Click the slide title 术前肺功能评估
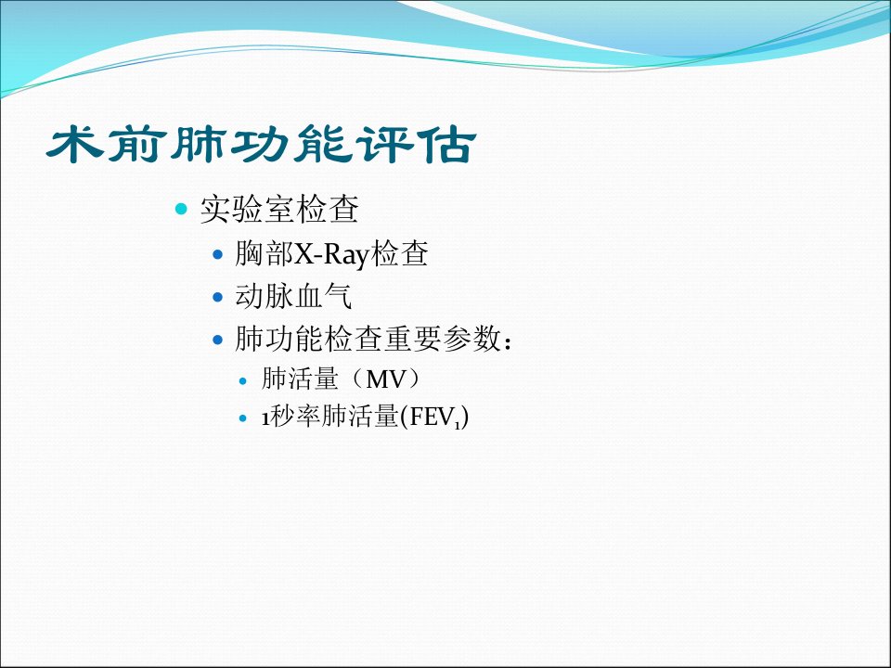261,145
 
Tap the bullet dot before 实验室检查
181,209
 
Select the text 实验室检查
279,209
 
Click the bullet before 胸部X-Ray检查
217,254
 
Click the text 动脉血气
293,297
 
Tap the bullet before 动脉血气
217,297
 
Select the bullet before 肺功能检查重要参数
217,340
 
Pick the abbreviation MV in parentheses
385,379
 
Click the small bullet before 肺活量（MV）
243,380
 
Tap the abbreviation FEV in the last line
431,417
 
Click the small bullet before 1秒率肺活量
243,418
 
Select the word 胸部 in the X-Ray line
264,253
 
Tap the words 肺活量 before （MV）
300,379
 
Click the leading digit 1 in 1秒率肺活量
265,418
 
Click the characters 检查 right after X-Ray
399,253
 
